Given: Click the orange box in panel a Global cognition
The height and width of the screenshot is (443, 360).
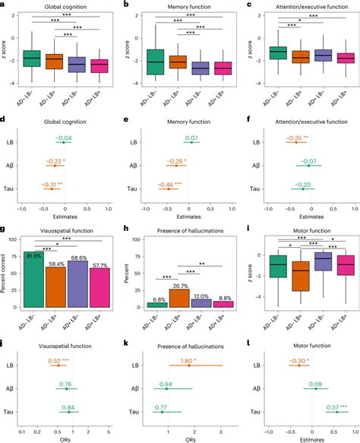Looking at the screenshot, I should pyautogui.click(x=55, y=62).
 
